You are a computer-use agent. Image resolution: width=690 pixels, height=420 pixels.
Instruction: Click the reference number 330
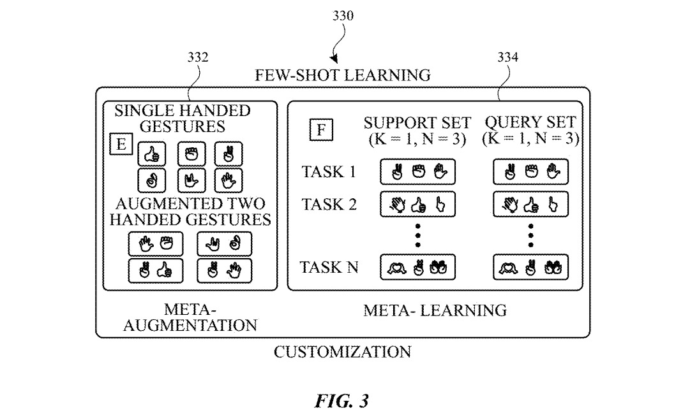(343, 16)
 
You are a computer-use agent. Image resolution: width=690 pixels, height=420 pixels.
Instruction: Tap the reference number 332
(198, 57)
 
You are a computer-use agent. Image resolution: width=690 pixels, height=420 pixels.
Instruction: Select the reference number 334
(508, 57)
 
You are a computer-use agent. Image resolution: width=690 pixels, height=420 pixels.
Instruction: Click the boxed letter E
(121, 144)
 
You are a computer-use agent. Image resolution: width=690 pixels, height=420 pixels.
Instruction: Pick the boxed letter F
(321, 130)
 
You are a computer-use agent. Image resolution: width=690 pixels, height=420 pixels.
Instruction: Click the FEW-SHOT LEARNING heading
(343, 75)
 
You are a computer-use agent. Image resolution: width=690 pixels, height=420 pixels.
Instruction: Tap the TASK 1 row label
(329, 171)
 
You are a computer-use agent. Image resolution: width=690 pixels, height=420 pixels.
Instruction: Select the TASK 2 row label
(329, 205)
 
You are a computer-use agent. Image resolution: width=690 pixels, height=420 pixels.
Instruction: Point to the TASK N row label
(329, 267)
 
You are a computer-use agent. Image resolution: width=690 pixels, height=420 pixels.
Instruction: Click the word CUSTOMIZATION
(343, 352)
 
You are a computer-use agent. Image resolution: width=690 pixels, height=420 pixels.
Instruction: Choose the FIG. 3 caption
(342, 401)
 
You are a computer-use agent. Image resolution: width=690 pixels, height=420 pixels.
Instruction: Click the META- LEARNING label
(435, 310)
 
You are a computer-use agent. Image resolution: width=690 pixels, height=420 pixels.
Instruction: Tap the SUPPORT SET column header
(417, 122)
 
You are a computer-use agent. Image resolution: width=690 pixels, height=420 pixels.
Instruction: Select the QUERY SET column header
(530, 122)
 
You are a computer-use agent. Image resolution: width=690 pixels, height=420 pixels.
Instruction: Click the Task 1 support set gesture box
(417, 172)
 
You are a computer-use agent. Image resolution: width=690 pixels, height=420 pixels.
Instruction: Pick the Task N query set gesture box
(530, 267)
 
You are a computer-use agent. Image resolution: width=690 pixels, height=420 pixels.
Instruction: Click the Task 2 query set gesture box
(530, 205)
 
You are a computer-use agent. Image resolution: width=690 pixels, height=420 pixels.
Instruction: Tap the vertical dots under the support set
(417, 235)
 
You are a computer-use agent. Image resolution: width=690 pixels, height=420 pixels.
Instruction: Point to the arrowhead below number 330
(334, 59)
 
